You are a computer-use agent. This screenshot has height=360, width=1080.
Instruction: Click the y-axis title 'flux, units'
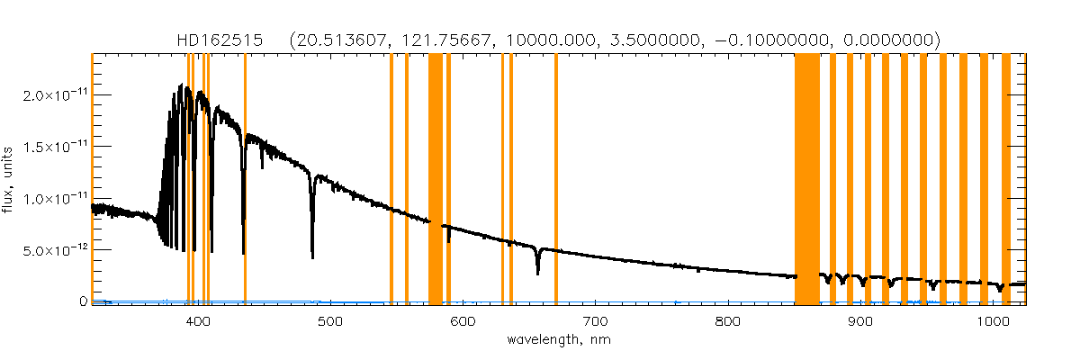(x=8, y=178)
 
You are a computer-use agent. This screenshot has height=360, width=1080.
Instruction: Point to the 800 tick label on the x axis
(x=727, y=321)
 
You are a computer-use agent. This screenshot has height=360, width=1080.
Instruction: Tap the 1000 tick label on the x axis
(x=992, y=321)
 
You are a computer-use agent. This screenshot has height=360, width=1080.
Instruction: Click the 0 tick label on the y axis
(x=83, y=301)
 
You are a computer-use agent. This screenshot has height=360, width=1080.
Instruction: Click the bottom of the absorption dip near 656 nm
(x=537, y=273)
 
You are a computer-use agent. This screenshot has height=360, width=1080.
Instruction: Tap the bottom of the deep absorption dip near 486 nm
(x=312, y=257)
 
